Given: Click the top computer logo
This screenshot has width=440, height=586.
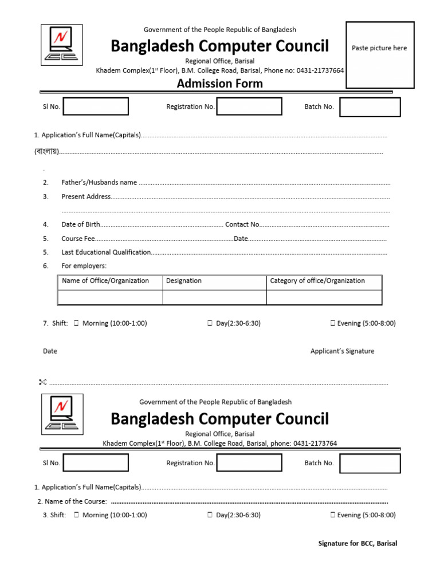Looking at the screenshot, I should tap(62, 45).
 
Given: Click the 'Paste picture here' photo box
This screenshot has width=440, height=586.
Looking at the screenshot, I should tap(380, 55).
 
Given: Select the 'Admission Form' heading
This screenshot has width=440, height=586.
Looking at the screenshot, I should tap(220, 84).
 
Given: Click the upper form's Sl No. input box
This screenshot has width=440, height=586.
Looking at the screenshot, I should tap(96, 106).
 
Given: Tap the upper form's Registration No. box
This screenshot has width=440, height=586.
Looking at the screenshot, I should tap(249, 106).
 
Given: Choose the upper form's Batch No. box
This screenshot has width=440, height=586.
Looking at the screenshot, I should tap(370, 107).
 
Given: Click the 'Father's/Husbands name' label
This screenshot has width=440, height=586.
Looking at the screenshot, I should tap(99, 183).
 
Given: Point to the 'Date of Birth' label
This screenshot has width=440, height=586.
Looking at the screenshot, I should tap(81, 225).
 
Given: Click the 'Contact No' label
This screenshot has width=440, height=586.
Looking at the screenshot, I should tap(242, 225).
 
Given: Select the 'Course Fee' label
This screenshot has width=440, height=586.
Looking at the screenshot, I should tap(78, 239).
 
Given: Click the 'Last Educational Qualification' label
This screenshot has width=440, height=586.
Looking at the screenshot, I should tap(106, 252).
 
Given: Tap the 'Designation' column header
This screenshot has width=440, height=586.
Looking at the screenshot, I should tap(184, 281).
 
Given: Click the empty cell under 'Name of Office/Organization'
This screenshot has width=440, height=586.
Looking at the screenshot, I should tap(110, 297).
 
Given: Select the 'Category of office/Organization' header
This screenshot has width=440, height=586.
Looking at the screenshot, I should tap(317, 281).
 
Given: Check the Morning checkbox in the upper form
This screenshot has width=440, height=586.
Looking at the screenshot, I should tap(76, 323).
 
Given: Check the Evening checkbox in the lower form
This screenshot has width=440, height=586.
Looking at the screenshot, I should tap(333, 515).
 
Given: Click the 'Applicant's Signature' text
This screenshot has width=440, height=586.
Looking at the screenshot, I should tap(342, 351).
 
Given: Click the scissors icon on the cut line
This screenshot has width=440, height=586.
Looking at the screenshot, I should tap(42, 382).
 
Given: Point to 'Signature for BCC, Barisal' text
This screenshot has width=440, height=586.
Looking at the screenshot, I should tap(357, 544).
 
